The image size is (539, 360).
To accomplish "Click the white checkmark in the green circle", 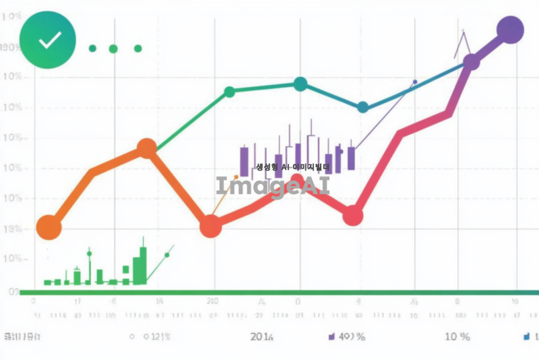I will pos(49,40).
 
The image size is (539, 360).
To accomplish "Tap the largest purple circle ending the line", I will pos(510,30).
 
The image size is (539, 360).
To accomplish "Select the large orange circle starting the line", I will pos(48,227).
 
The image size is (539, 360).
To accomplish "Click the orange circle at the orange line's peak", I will pos(147,148).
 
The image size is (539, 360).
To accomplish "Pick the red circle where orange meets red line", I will pos(211,226).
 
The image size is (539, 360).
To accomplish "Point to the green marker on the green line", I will pos(229,92).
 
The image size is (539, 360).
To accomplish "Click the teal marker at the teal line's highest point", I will pos(300,84).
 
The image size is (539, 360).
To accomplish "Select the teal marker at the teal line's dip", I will pos(362,107).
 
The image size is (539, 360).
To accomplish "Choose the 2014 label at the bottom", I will pos(261,336).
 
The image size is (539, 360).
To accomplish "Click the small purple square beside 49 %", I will pos(331,336).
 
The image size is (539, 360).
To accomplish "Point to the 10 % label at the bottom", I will pos(457,336).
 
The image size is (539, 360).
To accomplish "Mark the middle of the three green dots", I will pos(113,49).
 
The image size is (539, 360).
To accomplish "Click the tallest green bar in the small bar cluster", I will pos(143,266).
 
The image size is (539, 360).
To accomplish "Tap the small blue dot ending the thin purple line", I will pos(414,82).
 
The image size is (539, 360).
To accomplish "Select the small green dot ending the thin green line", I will pos(167,255).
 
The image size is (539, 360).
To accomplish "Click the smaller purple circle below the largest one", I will pos(472,62).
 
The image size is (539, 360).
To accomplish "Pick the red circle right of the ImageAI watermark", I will pos(353,216).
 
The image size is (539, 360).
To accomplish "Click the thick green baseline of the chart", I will pos(269,293).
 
